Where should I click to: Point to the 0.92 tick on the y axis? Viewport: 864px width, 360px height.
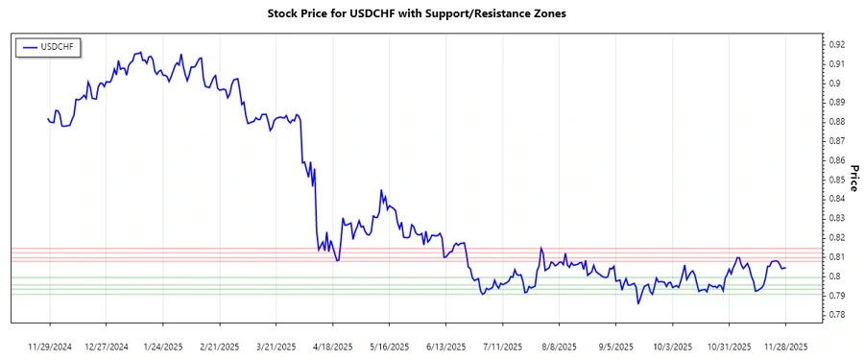[x=837, y=44]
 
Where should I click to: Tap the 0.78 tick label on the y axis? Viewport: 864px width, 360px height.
[x=837, y=315]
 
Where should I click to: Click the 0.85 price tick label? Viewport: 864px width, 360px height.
[x=837, y=180]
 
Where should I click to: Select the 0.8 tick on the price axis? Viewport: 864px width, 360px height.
[x=834, y=276]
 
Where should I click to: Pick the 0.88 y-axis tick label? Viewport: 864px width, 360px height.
[x=837, y=122]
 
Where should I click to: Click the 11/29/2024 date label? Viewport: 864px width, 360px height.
[x=50, y=346]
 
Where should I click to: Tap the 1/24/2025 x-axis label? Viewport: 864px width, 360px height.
[x=161, y=346]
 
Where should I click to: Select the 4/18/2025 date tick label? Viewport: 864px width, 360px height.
[x=329, y=346]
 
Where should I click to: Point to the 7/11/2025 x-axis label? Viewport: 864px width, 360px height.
[x=503, y=346]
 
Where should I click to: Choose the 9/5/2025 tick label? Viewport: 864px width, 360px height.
[x=615, y=346]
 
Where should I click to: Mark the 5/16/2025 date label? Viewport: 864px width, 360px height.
[x=389, y=346]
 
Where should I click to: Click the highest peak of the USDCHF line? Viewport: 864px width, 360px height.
[x=140, y=53]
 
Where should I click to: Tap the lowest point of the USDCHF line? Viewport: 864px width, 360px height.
[x=638, y=303]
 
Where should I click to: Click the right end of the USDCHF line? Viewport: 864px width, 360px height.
[x=786, y=267]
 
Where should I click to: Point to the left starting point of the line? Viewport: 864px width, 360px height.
[x=48, y=118]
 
